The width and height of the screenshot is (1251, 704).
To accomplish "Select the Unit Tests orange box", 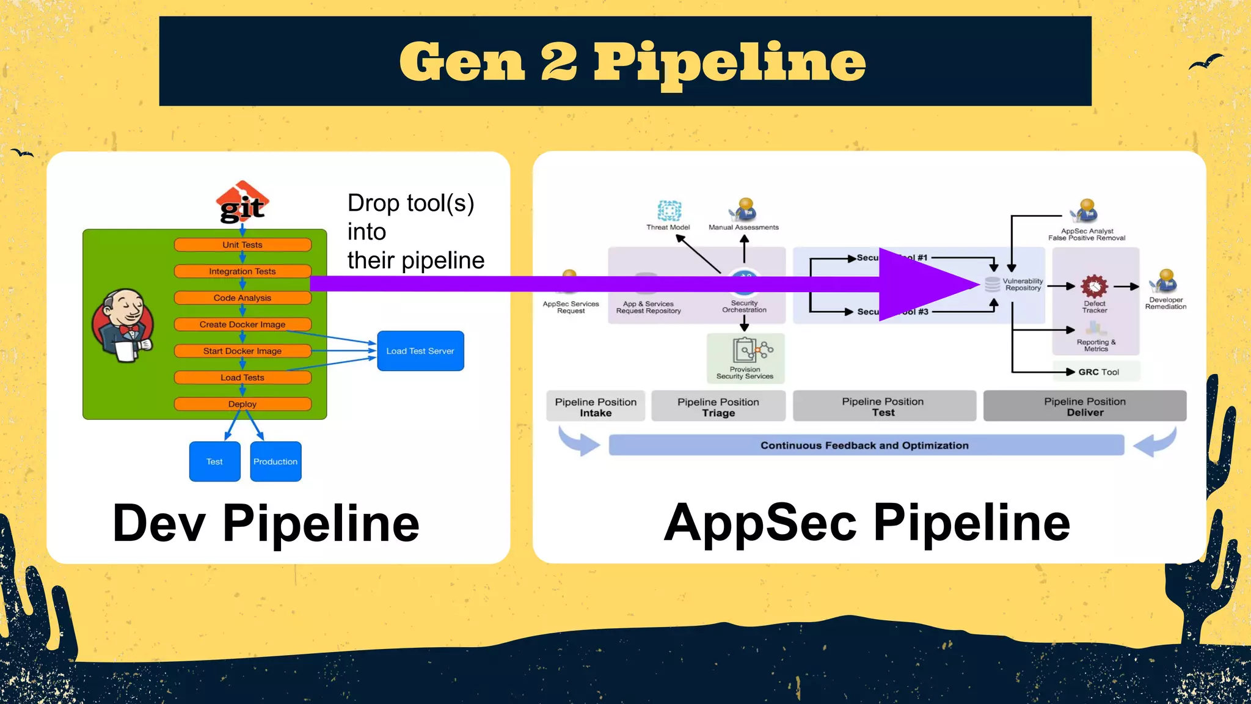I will tap(243, 245).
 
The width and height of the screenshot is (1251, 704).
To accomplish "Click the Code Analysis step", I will tap(243, 298).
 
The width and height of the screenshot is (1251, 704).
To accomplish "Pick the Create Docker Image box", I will tap(243, 324).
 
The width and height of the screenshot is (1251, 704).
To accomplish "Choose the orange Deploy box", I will tap(243, 404).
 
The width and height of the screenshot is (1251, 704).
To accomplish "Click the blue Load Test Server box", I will tap(420, 351).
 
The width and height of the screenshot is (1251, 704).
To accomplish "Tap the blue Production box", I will tap(275, 461).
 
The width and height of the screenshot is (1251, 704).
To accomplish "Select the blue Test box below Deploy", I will tap(214, 461).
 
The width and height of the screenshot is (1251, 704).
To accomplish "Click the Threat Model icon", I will tap(669, 210).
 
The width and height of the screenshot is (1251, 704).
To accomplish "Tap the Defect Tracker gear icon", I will tap(1094, 286).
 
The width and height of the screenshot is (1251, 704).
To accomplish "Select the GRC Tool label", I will tap(1098, 372).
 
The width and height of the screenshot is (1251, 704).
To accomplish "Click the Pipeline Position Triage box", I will tap(718, 407).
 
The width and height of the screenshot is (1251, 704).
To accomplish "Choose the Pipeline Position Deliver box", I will tap(1085, 406).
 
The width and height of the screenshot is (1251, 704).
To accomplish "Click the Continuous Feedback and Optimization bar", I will tap(865, 446).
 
